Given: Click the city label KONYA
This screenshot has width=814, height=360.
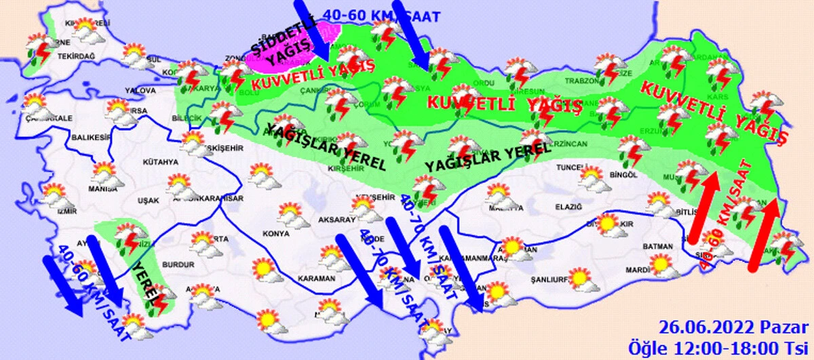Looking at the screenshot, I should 275,235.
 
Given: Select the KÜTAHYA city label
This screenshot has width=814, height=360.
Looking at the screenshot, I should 160,162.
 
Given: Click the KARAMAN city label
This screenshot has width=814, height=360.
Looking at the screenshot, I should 316,279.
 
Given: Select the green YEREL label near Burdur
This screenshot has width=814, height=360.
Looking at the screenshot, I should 149,285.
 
